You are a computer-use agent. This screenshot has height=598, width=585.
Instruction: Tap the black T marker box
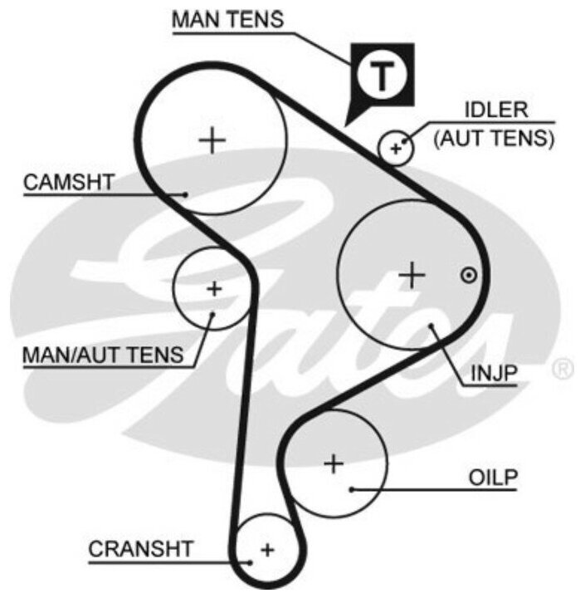pos(380,76)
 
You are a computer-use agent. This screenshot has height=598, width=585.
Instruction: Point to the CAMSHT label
pos(68,183)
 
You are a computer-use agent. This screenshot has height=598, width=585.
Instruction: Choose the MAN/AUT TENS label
pos(103,355)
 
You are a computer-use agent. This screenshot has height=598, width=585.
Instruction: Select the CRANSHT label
pos(141,549)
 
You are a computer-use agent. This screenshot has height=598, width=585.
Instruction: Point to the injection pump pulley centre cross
pos(412,274)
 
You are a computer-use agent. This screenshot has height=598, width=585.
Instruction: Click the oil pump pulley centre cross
pos(334,463)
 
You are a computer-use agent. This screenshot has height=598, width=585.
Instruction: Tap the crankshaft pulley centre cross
pos(266,549)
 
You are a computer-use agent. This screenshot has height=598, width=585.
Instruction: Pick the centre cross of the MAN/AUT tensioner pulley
pos(214,289)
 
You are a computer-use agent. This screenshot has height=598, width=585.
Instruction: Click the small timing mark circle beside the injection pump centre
pos(469,274)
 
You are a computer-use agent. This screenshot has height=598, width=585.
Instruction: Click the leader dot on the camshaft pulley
pos(187,194)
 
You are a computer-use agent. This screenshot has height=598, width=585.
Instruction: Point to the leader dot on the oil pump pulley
pos(352,488)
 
